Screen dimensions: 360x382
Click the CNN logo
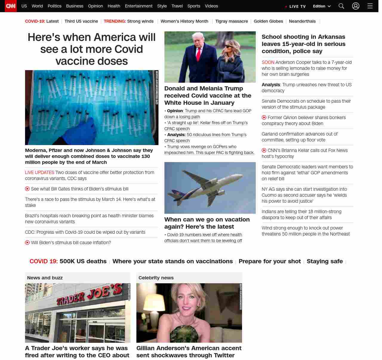click(x=11, y=6)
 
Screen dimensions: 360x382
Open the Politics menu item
click(x=54, y=6)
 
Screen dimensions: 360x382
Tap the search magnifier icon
click(x=341, y=6)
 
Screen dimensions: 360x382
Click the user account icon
click(x=355, y=6)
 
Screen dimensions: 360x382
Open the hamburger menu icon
click(x=370, y=6)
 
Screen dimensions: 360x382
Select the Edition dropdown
click(x=322, y=6)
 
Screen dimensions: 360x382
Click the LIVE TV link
click(x=296, y=6)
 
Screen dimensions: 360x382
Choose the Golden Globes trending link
click(x=268, y=21)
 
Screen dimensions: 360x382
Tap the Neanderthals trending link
click(x=302, y=21)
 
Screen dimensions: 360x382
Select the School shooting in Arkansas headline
click(x=304, y=44)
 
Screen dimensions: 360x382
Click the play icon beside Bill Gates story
click(x=27, y=189)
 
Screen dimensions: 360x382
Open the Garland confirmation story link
click(x=299, y=137)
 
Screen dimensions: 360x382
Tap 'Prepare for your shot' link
click(x=269, y=261)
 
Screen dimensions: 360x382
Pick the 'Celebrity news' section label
click(x=156, y=278)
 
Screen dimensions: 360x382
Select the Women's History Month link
click(x=184, y=21)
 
